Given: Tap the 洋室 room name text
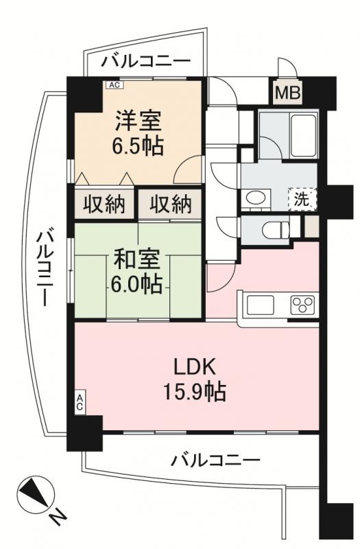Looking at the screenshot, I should pyautogui.click(x=138, y=122).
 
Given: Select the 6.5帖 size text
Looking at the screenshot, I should pyautogui.click(x=138, y=146).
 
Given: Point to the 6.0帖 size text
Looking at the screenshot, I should pyautogui.click(x=138, y=283).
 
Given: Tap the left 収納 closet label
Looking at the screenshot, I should pyautogui.click(x=104, y=204).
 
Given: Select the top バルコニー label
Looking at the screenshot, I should pyautogui.click(x=146, y=62).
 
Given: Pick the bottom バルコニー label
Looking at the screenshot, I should pyautogui.click(x=216, y=458).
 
